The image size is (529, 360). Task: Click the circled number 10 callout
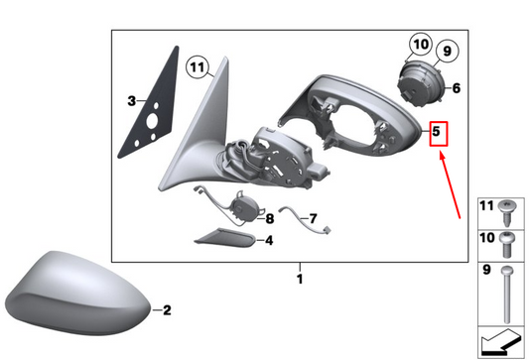[x=421, y=45]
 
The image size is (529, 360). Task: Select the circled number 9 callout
[x=447, y=52]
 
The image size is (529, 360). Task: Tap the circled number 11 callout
[x=198, y=67]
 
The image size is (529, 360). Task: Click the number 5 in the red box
[x=437, y=131]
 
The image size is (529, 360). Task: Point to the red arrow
[x=450, y=185]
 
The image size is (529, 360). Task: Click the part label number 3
[x=132, y=101]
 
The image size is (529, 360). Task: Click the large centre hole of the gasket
[x=152, y=121]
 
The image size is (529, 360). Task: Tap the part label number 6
[x=457, y=88]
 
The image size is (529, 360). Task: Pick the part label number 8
[x=270, y=219]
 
